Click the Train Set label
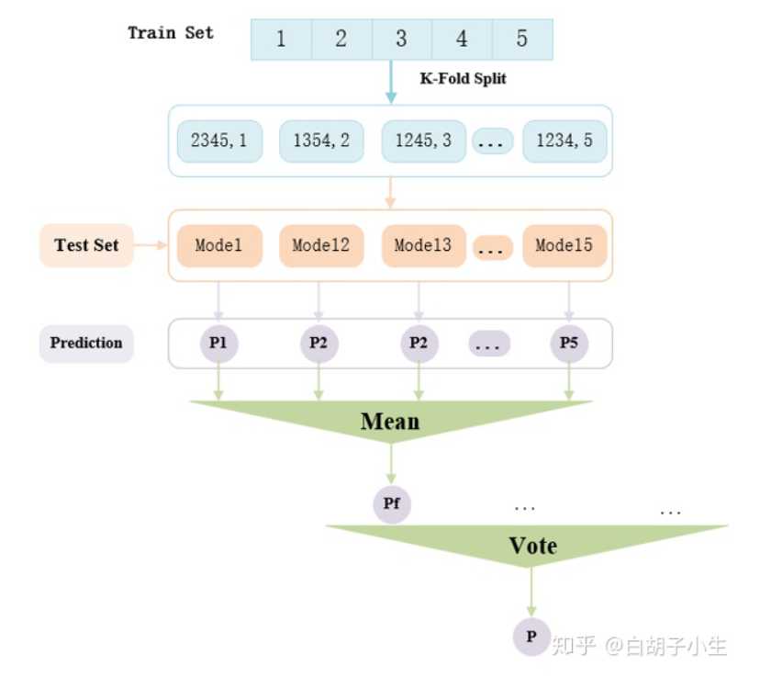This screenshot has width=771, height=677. (171, 33)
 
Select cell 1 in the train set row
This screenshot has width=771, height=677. (281, 39)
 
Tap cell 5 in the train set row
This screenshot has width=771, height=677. (522, 39)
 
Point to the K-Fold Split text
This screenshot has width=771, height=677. (463, 79)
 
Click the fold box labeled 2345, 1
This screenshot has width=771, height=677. (219, 141)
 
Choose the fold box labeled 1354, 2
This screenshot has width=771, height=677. (321, 141)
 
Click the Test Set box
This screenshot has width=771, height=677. (86, 245)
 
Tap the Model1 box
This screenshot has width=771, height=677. (219, 245)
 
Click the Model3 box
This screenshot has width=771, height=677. (422, 245)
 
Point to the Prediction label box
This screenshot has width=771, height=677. (86, 343)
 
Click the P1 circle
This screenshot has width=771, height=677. (218, 344)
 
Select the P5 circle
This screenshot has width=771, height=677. (569, 344)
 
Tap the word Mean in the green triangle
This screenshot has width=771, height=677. (390, 422)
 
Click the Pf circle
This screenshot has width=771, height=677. (391, 504)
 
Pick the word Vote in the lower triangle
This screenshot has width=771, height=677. (532, 546)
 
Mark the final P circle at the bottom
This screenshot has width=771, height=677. (531, 636)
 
